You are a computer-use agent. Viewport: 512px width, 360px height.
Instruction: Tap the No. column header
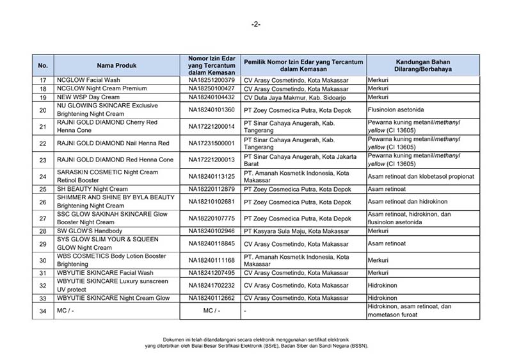43,65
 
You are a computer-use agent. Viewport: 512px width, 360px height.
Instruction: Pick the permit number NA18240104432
211,97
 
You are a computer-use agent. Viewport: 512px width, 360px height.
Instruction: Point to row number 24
43,176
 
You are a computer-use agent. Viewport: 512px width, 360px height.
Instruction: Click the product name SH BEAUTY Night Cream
93,189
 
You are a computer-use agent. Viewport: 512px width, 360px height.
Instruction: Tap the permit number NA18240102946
211,231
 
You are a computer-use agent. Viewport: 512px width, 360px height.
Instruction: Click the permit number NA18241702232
211,285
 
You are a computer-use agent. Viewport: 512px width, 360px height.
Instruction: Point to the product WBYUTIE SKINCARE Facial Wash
103,272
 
